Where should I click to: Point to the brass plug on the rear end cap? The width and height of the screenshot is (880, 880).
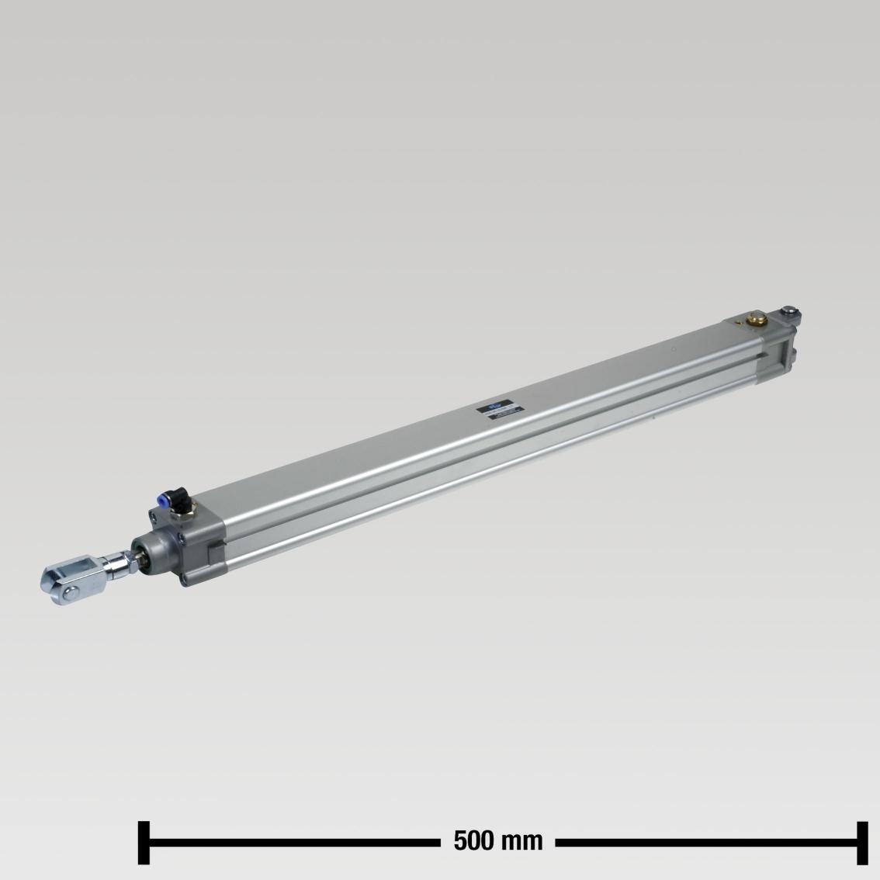point(755,317)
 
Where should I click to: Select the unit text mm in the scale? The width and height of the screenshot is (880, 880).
point(524,840)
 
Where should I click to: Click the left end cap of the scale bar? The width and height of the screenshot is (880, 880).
point(143,841)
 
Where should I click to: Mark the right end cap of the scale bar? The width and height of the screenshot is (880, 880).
point(862,841)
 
